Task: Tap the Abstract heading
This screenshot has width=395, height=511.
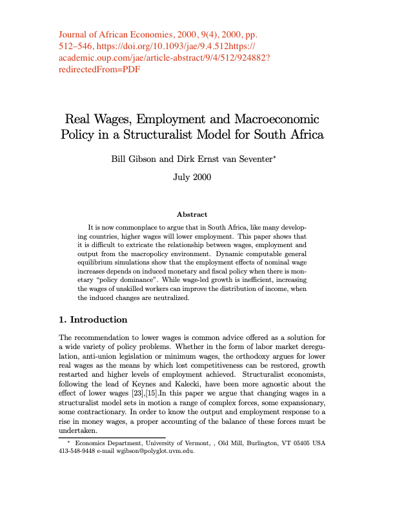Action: [192, 214]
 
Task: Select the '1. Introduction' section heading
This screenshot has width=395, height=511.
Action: [93, 319]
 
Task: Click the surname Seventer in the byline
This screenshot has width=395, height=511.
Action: [250, 157]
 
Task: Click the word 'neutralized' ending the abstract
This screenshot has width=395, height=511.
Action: [217, 299]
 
